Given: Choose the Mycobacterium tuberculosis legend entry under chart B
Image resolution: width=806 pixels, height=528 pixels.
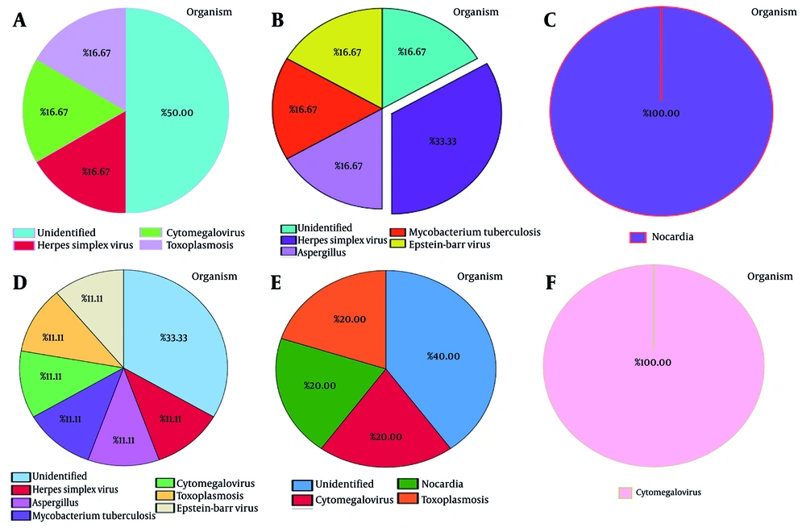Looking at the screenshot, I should [465, 232].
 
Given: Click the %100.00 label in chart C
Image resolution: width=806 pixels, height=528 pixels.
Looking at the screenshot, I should [661, 113].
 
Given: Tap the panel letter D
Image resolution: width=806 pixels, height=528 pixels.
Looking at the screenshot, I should [22, 284].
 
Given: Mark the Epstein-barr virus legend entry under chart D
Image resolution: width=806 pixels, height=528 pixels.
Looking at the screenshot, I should [206, 508].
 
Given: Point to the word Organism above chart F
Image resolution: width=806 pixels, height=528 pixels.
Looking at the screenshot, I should [771, 276].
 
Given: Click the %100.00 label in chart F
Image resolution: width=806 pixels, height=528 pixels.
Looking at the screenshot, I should [653, 362].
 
